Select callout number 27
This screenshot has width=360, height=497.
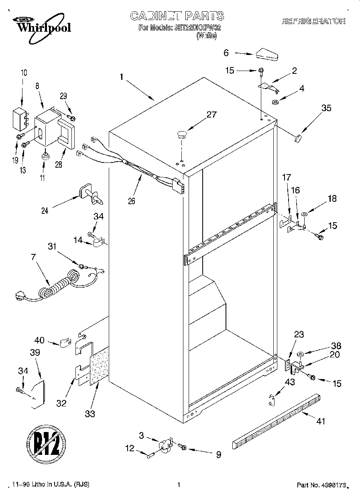pyautogui.click(x=211, y=114)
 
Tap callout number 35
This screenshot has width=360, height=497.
pyautogui.click(x=326, y=108)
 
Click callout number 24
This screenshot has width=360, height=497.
pyautogui.click(x=45, y=211)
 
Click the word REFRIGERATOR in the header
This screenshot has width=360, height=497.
pyautogui.click(x=313, y=21)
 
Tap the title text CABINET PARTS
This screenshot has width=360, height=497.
pyautogui.click(x=177, y=16)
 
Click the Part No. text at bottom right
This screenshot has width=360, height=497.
pyautogui.click(x=321, y=485)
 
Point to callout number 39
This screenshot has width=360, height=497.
pyautogui.click(x=35, y=353)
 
